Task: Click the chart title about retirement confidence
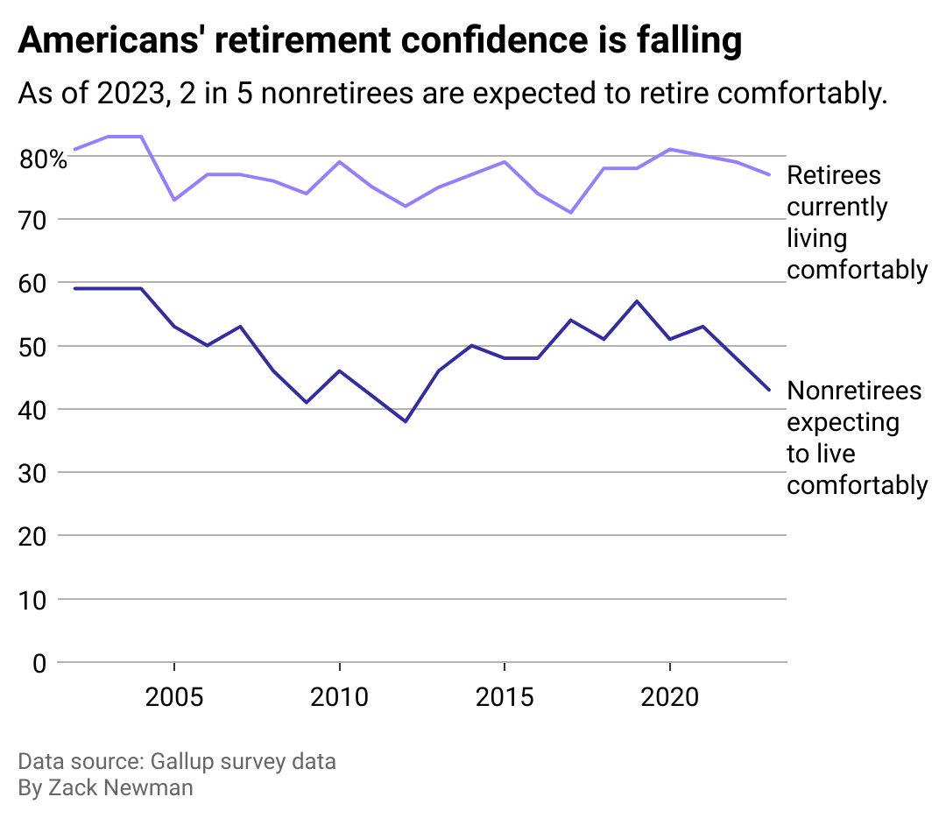click(379, 41)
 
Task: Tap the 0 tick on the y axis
click(39, 663)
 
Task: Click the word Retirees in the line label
click(834, 175)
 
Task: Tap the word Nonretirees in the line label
click(854, 390)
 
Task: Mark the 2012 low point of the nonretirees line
click(406, 421)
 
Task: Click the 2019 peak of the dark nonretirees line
click(637, 301)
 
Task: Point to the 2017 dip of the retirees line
click(570, 212)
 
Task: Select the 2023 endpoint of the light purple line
click(769, 174)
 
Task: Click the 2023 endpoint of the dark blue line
click(769, 390)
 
